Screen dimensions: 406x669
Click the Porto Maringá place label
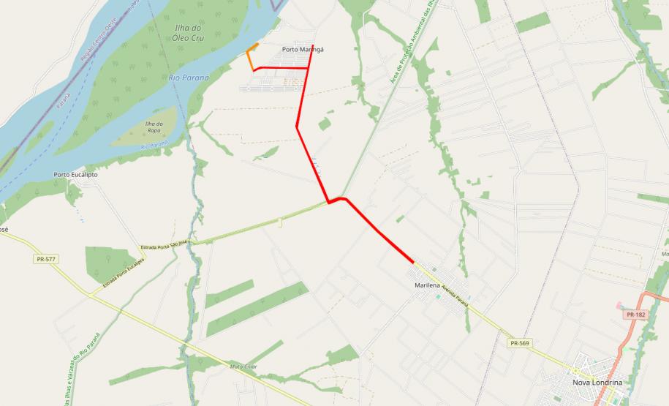coord(302,50)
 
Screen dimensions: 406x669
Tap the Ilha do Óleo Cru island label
coord(187,32)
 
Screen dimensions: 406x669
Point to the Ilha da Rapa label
coord(157,127)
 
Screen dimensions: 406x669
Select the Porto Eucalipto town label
coord(75,175)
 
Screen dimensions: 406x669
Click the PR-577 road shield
coord(45,259)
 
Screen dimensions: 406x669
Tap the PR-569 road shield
coord(518,342)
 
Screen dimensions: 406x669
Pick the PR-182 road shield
coord(635,315)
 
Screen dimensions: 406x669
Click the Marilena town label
coord(431,285)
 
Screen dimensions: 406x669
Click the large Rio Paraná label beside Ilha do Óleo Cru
coord(189,77)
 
